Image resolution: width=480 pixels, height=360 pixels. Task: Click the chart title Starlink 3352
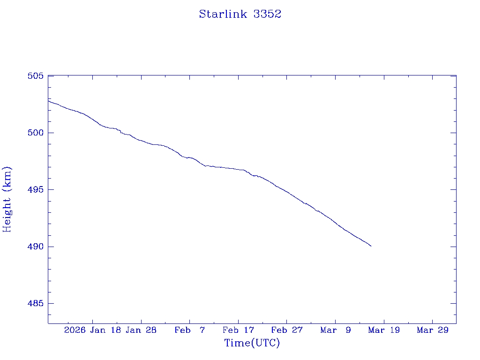click(x=240, y=14)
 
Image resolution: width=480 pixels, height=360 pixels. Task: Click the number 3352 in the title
click(x=267, y=14)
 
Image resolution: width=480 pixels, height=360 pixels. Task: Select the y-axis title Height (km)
click(x=7, y=199)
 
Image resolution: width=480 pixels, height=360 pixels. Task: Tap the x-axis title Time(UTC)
click(x=252, y=343)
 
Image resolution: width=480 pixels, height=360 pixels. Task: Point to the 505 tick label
click(x=36, y=76)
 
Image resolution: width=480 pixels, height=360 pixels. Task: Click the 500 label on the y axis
click(x=36, y=133)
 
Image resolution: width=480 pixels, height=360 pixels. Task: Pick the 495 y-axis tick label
click(x=36, y=190)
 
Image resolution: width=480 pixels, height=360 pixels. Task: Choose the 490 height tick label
click(x=36, y=247)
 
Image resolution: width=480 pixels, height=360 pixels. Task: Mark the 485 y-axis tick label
click(x=36, y=304)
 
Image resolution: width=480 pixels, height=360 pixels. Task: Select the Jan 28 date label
click(x=141, y=330)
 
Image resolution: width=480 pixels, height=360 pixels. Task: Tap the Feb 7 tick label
click(x=189, y=330)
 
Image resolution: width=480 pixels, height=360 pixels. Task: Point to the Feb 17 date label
click(x=238, y=330)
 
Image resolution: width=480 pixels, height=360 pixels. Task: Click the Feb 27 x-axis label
click(x=286, y=330)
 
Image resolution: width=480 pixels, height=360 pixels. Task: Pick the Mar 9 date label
click(x=335, y=330)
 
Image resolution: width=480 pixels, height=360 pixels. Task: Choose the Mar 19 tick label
click(x=384, y=330)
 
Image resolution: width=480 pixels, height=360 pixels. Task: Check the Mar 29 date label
click(x=432, y=330)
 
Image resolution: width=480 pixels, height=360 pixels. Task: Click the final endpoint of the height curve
click(x=371, y=246)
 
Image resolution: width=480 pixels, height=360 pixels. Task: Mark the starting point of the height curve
click(x=48, y=100)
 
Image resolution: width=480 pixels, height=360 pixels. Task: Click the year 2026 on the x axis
click(x=75, y=330)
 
